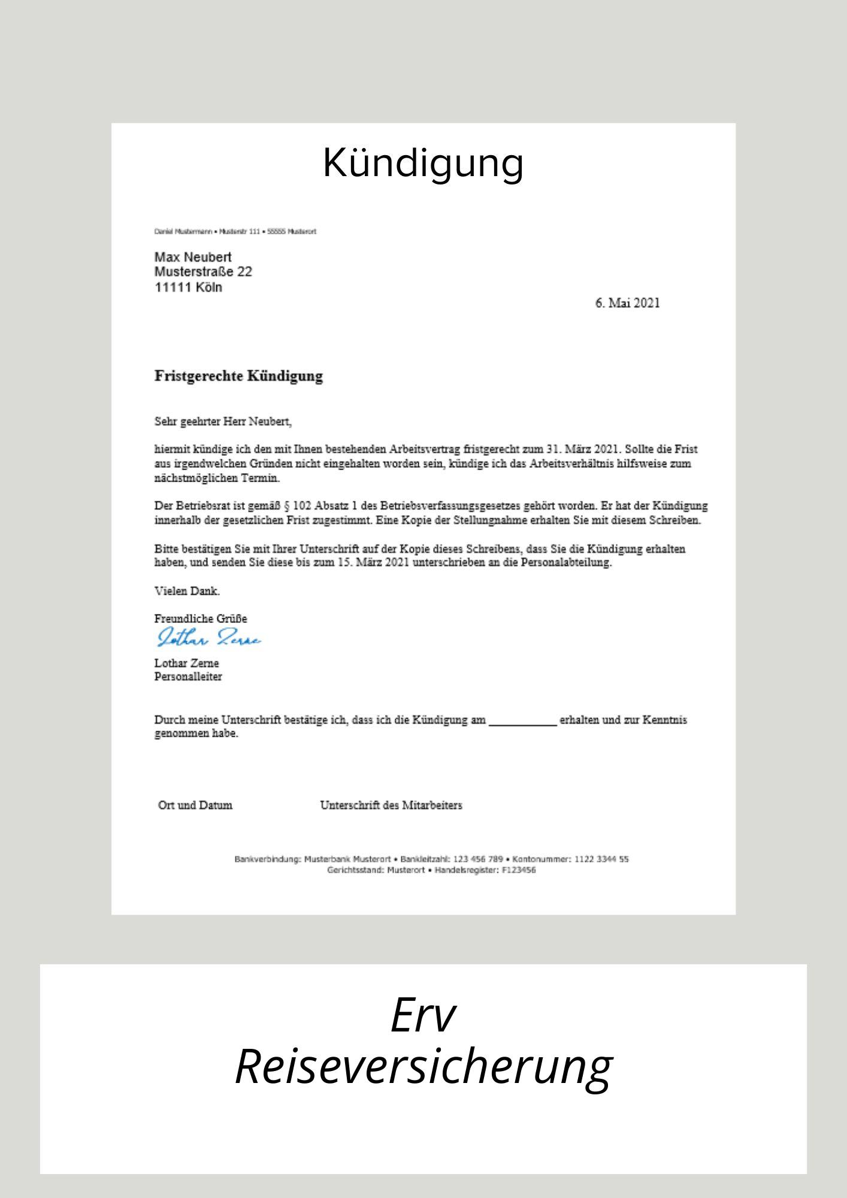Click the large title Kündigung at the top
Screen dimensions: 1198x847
(423, 163)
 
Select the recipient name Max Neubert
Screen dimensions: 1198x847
(193, 257)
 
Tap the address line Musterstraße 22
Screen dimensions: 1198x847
(203, 272)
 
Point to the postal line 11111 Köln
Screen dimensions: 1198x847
(188, 288)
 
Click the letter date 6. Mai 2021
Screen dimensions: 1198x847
(627, 303)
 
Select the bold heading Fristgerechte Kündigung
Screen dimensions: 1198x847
(238, 376)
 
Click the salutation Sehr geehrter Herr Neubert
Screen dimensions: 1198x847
(223, 422)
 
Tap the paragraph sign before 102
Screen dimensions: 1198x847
(287, 506)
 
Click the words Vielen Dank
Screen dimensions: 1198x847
(187, 591)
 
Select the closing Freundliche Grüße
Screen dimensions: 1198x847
(201, 618)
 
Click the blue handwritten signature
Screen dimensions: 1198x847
(208, 639)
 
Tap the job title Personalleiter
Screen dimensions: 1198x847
(188, 677)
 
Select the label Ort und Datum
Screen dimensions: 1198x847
(195, 805)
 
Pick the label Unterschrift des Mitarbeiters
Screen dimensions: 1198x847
(391, 805)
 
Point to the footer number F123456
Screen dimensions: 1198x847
(519, 870)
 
